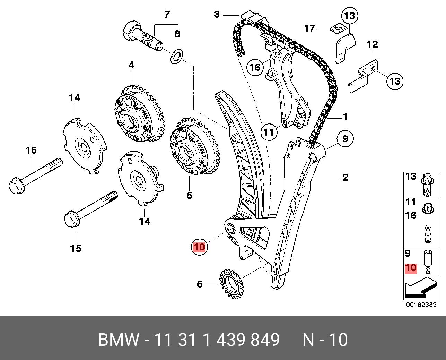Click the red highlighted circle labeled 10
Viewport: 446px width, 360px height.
pos(200,247)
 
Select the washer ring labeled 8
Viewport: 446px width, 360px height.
pos(177,56)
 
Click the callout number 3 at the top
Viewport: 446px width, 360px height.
pos(217,15)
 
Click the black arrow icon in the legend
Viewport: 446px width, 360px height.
pos(420,288)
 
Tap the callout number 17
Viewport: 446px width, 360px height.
pos(309,28)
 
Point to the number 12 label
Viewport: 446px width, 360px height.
pos(372,44)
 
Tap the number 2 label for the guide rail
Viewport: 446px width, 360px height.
pos(345,178)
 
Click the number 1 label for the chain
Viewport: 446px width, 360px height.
pos(345,117)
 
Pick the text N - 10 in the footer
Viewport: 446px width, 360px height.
pos(325,340)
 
